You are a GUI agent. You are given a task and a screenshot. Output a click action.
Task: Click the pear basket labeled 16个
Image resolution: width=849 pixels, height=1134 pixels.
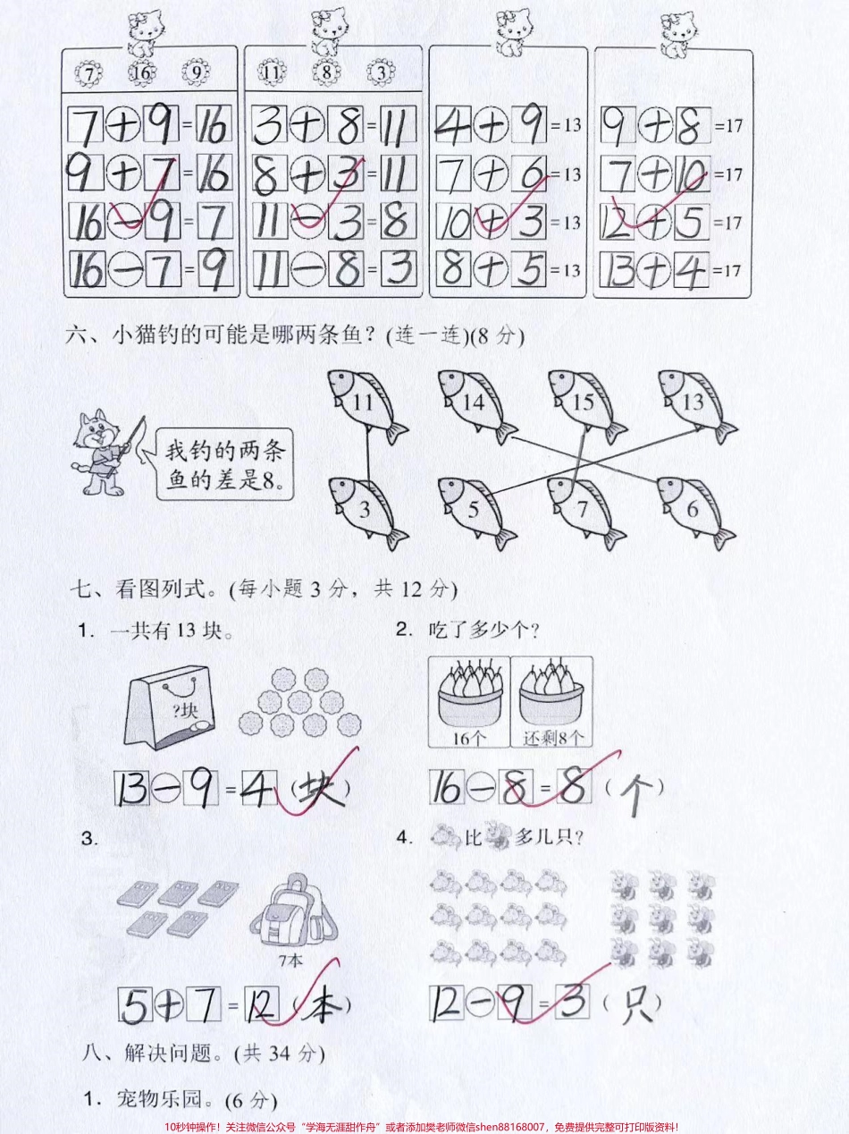click(x=469, y=698)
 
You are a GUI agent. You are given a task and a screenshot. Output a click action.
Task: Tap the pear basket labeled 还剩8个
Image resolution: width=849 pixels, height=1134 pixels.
click(x=551, y=698)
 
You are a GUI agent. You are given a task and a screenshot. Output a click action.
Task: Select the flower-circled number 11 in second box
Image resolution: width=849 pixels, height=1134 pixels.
click(x=273, y=72)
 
